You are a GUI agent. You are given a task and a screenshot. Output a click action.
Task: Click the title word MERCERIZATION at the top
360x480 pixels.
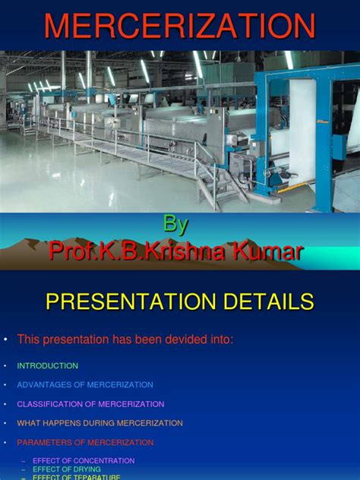[180, 26]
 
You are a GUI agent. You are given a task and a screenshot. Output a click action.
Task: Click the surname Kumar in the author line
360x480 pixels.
[273, 251]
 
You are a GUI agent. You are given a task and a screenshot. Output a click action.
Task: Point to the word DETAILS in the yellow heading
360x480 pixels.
[265, 302]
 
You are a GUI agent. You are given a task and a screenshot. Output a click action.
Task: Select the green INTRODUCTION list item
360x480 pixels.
[48, 366]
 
